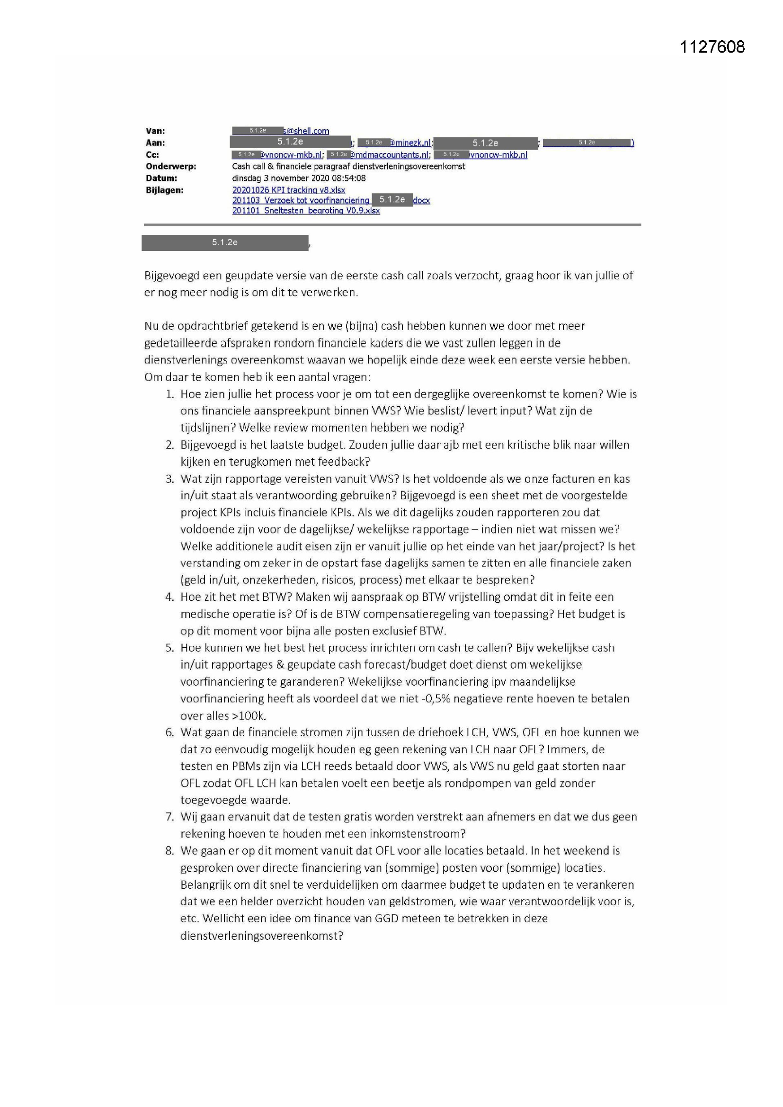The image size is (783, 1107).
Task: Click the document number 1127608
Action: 712,47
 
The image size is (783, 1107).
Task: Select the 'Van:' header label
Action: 155,131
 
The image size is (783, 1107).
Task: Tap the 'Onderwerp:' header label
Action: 171,166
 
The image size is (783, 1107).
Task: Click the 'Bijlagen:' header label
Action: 164,190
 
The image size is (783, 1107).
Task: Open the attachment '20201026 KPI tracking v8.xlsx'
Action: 288,190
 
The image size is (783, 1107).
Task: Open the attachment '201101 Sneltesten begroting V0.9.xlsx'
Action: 306,211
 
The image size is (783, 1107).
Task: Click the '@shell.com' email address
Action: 307,131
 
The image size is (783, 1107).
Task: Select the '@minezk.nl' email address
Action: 411,143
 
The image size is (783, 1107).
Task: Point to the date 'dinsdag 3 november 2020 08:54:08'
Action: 298,178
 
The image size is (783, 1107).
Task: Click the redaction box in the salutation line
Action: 225,242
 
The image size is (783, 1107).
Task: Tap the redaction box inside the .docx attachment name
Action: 392,200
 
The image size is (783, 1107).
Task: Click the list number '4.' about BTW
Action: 170,597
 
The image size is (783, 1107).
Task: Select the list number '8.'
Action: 170,850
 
